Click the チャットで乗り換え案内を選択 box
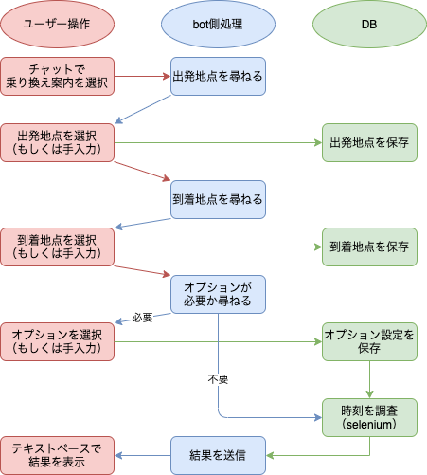(x=57, y=76)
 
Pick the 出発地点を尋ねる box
(x=218, y=76)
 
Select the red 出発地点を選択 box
(x=57, y=142)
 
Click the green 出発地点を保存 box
(x=368, y=142)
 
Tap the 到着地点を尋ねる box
(x=218, y=199)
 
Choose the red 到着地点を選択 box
(x=57, y=247)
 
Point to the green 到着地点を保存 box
(x=368, y=247)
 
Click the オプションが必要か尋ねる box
(x=218, y=294)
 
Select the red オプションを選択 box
(x=57, y=341)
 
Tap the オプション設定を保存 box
(x=368, y=341)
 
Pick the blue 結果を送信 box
(x=218, y=455)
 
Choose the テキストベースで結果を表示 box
(x=57, y=455)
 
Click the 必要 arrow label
(x=143, y=318)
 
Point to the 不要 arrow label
(x=218, y=378)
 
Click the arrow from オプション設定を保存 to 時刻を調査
(x=368, y=379)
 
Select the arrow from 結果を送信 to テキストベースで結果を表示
(x=142, y=455)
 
